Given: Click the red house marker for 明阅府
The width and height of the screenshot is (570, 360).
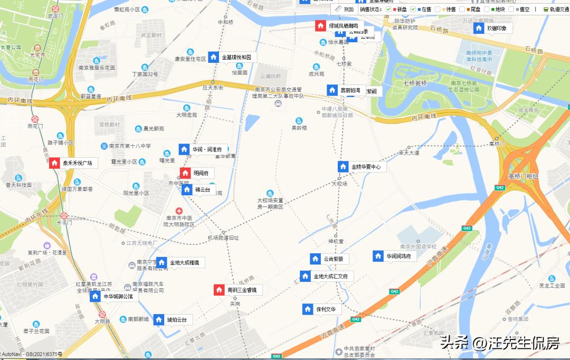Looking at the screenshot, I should coord(185,173).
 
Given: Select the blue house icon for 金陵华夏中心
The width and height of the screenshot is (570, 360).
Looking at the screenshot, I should coord(343,167).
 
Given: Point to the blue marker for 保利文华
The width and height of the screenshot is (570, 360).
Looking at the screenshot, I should coord(308,309).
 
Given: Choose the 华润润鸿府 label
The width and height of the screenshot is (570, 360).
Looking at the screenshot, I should coord(401,257).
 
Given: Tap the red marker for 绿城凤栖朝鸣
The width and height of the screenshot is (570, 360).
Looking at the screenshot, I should coord(320,25).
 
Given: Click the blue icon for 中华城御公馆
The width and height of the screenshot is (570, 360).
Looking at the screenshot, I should coord(95,296).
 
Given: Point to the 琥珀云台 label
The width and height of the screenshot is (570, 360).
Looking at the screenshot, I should coord(177,320).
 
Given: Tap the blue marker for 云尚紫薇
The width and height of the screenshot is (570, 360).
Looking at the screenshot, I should coord(315,259).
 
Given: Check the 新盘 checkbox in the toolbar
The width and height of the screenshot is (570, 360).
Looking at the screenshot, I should coord(388,10).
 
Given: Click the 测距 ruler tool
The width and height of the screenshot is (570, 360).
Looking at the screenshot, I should coord(345,10).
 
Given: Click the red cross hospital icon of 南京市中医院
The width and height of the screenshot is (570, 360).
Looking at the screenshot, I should coord(179,211).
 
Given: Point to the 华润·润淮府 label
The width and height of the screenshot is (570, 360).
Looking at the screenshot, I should coord(207,149).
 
